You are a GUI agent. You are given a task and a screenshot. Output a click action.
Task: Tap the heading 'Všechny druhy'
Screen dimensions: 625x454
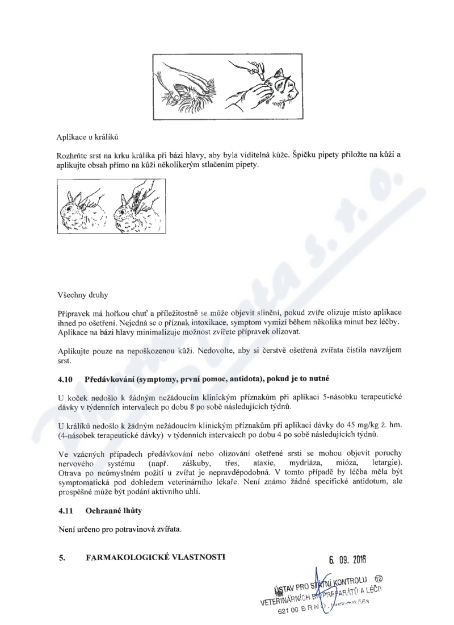[x=83, y=295]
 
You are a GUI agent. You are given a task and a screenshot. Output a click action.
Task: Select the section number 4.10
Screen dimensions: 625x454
[x=66, y=378]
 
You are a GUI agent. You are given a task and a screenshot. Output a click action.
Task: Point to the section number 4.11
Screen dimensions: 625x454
[x=65, y=511]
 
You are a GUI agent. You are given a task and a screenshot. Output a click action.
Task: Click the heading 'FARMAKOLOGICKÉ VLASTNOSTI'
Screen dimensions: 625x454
[x=155, y=557]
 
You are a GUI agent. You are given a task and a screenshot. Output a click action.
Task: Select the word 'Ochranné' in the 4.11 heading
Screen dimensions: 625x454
[x=104, y=511]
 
